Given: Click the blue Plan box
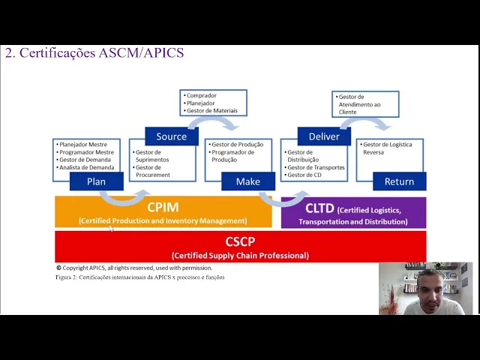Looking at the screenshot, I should click(x=96, y=181).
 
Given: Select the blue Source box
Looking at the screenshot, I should click(x=171, y=136).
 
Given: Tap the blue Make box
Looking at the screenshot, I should click(x=247, y=181).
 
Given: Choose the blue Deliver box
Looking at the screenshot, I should click(x=324, y=136).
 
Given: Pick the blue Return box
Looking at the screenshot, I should click(x=399, y=181).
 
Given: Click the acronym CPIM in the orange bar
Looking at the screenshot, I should click(x=163, y=207).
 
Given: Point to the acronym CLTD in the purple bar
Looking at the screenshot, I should click(x=319, y=209).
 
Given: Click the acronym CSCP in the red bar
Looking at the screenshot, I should click(x=240, y=242).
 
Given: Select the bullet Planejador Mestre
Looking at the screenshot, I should click(x=84, y=144).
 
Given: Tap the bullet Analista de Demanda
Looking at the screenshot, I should click(x=87, y=167).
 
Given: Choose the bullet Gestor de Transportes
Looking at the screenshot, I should click(x=315, y=167).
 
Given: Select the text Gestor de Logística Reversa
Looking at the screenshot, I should click(x=386, y=148).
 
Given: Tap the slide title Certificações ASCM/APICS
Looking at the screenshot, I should click(x=94, y=53).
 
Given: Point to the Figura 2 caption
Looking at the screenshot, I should click(x=139, y=277).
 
